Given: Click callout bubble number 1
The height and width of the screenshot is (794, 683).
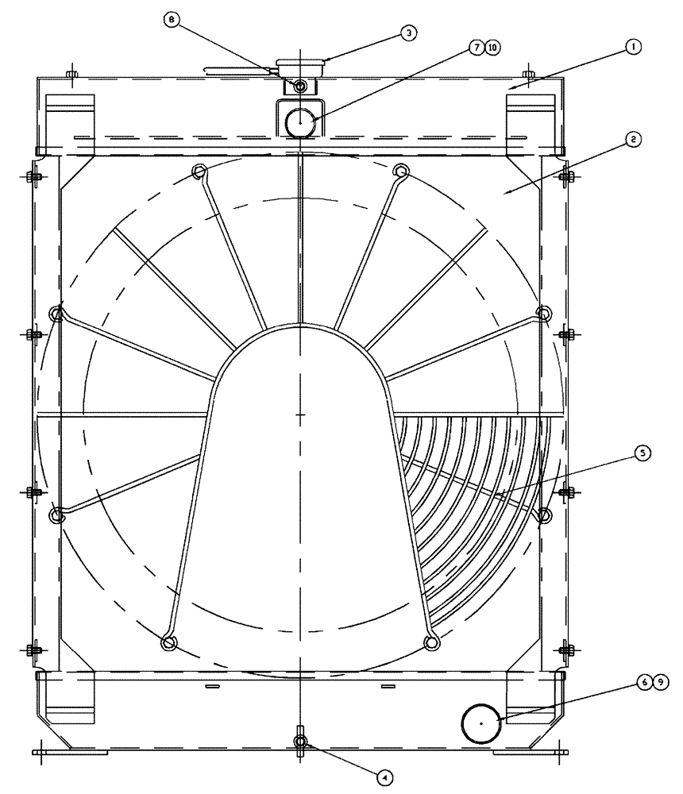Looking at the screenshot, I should click(x=632, y=48).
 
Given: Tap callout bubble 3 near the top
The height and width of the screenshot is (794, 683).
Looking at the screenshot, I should click(x=407, y=33).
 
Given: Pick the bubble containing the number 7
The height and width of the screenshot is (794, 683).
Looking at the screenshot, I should click(x=477, y=48).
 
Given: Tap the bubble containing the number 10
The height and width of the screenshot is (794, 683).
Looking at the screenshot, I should click(x=493, y=48).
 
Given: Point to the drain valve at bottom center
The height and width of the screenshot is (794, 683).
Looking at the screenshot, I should click(x=300, y=741).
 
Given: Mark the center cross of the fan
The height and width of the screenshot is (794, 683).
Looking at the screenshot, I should click(x=300, y=414).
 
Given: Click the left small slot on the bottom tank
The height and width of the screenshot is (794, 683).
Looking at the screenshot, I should click(x=212, y=684).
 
